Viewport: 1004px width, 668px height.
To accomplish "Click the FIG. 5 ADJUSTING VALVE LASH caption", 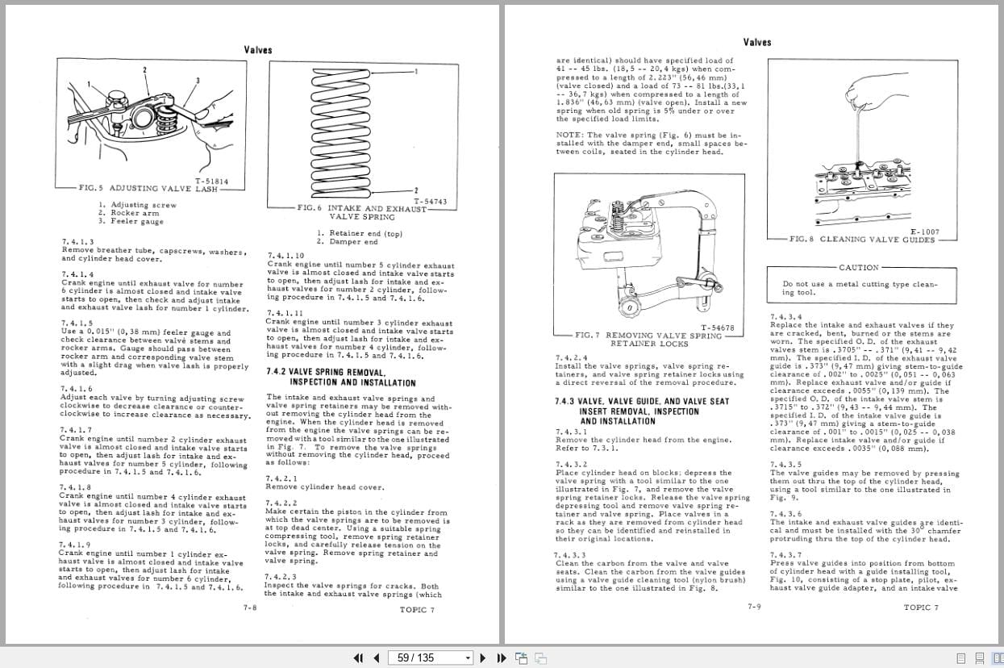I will point(148,188).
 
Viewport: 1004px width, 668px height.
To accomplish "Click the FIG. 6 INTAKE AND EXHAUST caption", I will point(362,208).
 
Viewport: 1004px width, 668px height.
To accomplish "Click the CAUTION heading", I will point(859,267).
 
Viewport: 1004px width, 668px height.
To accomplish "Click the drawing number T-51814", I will point(211,182).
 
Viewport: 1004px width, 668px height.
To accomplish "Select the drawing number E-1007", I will point(925,232).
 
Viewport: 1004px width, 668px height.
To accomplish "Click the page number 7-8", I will point(250,607).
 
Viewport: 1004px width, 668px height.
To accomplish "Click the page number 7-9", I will point(754,606).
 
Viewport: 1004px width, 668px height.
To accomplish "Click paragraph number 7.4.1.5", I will point(77,323).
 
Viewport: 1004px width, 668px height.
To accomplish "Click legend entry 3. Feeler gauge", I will point(131,221).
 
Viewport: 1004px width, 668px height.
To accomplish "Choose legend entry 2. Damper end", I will point(347,242).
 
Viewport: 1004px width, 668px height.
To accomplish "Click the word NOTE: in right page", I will point(571,136).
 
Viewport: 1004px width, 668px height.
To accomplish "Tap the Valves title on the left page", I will point(258,50).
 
